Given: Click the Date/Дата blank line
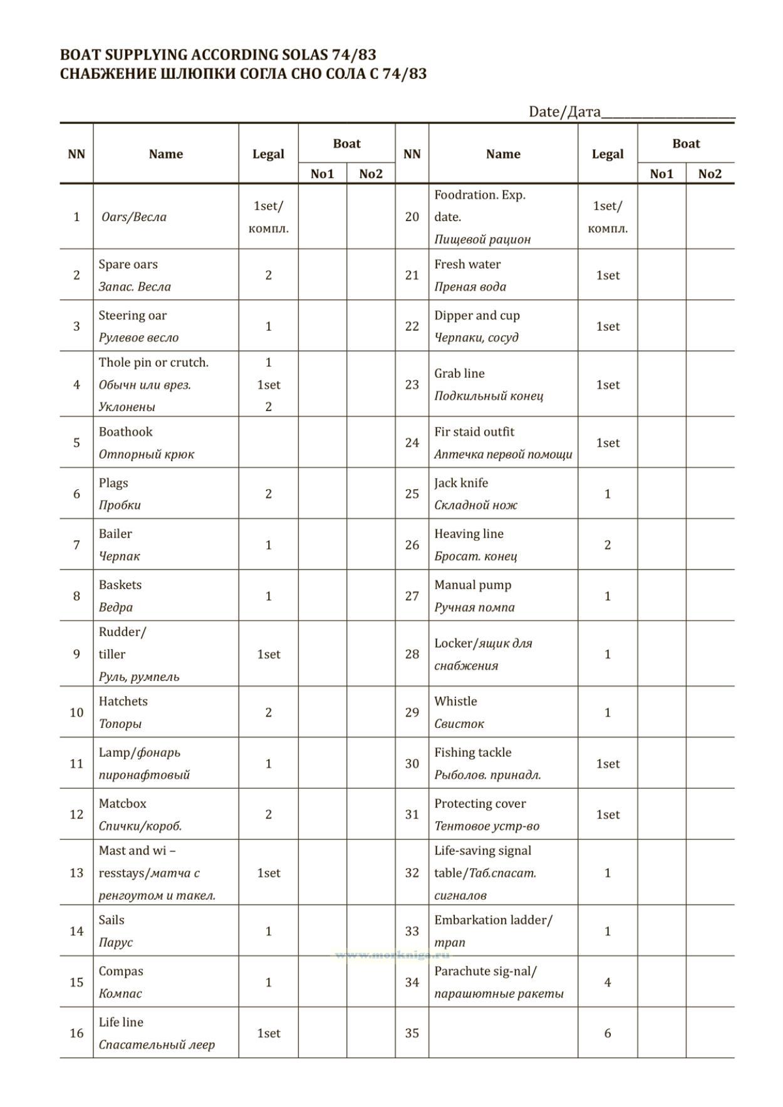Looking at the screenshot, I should (668, 117).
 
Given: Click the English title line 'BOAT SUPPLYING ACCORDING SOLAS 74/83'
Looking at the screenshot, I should (218, 55).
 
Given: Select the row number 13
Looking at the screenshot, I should (76, 873).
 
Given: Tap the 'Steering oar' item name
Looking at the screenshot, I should (132, 315).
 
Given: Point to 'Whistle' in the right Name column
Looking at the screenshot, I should (455, 701).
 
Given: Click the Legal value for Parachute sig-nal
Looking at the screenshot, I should (607, 982).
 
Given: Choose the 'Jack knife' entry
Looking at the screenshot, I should (461, 483).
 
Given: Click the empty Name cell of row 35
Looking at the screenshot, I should (503, 1033).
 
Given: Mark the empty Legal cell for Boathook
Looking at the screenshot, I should (268, 443).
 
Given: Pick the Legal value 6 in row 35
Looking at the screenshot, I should (607, 1033).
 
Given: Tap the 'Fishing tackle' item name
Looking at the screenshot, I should (472, 752).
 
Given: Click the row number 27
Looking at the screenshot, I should (412, 596).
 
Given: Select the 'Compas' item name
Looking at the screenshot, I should (121, 971).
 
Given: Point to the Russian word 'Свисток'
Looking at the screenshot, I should (459, 724).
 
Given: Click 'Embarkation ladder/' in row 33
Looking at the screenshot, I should (493, 920).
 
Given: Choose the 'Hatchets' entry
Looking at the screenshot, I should (123, 701).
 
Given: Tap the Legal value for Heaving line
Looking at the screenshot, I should (607, 545).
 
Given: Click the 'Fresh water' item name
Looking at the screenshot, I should (467, 264).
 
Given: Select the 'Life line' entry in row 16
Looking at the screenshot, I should (121, 1022).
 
